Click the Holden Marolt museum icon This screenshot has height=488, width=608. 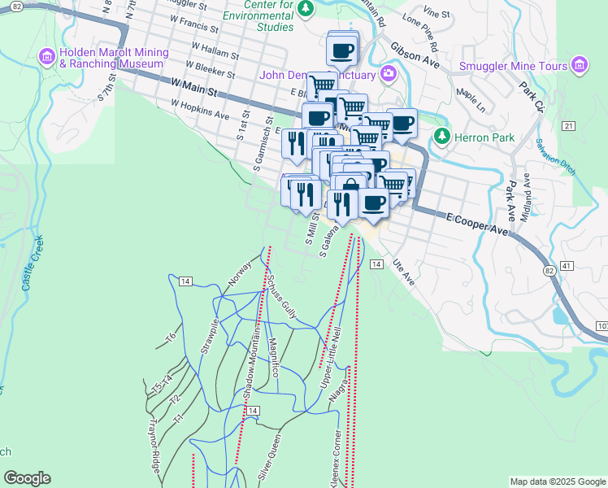[x=46, y=56]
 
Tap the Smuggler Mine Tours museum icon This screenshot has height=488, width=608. [x=579, y=64]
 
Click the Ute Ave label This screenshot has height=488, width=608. [x=404, y=273]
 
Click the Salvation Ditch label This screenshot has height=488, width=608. [x=556, y=155]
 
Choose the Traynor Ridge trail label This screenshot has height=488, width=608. [x=153, y=447]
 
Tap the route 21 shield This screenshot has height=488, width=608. [x=567, y=125]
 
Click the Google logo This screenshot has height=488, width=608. [x=27, y=478]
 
